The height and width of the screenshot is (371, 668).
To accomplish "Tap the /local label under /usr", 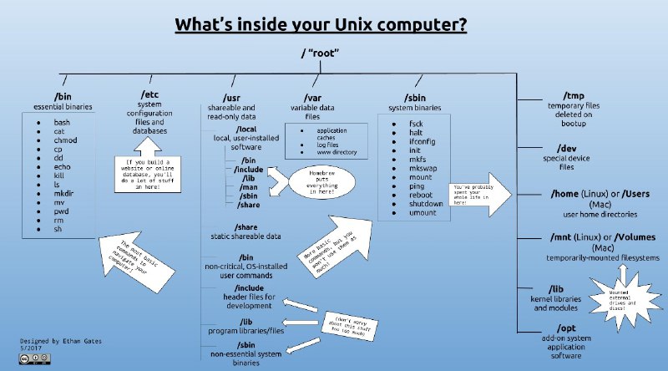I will (249, 130).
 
